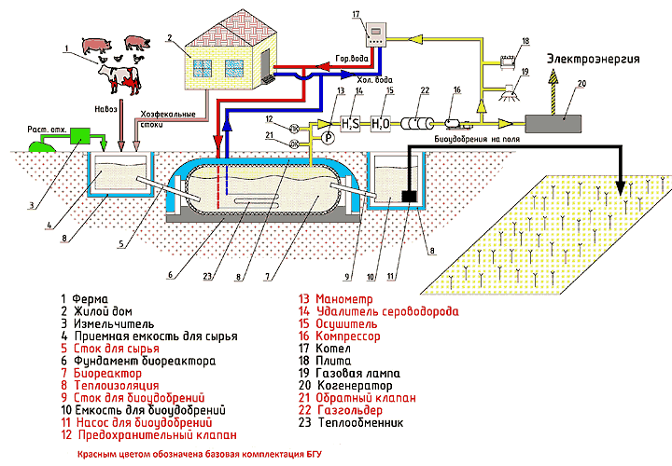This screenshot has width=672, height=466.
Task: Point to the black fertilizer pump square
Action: [x=409, y=197]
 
